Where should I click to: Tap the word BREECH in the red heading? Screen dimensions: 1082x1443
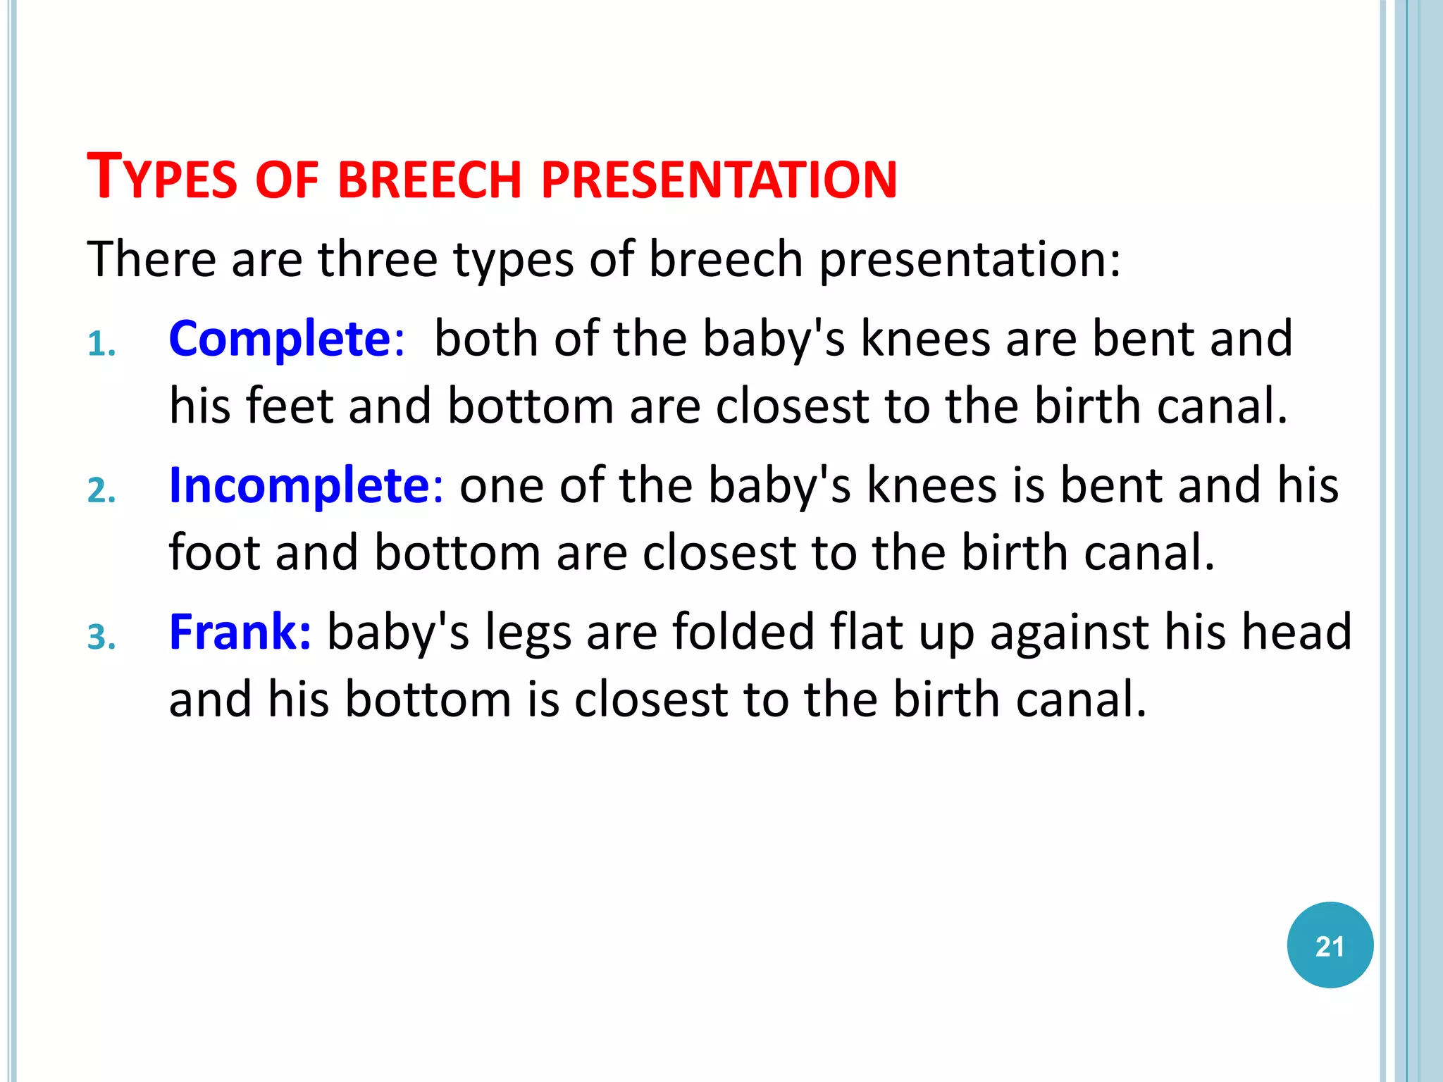click(430, 180)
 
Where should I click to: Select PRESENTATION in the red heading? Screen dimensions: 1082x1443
click(719, 180)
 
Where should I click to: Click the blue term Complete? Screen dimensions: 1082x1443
click(280, 339)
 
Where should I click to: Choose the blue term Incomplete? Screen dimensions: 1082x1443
click(299, 485)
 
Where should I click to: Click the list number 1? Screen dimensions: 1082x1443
click(101, 345)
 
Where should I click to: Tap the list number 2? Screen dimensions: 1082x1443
click(101, 491)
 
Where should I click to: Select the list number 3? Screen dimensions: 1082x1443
click(101, 638)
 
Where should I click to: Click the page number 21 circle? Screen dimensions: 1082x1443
click(1330, 945)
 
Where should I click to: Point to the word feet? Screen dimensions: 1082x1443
click(290, 406)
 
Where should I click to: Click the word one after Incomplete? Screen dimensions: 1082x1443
click(502, 487)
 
